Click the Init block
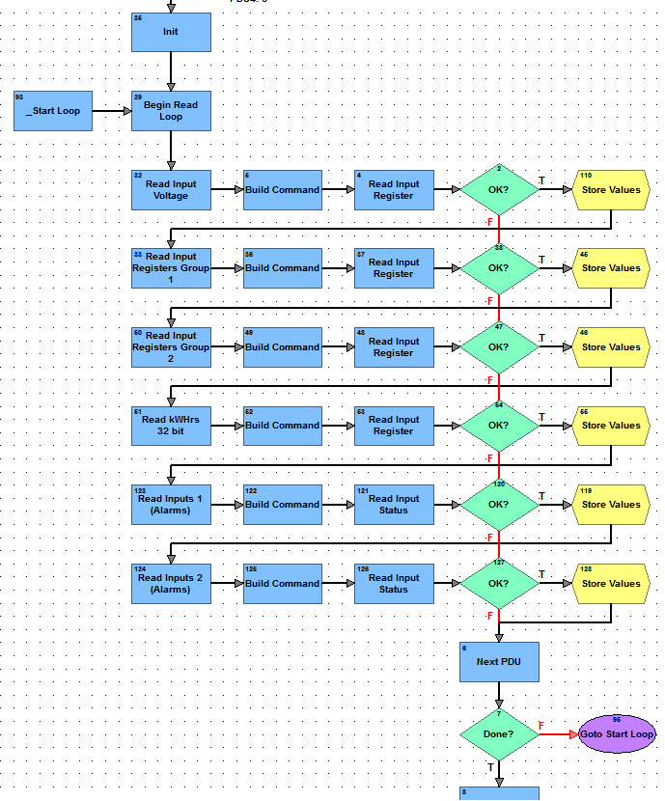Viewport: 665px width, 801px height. point(171,33)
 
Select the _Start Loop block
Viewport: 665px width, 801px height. point(53,111)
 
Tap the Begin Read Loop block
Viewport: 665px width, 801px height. point(171,111)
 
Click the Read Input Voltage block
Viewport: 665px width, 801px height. point(171,190)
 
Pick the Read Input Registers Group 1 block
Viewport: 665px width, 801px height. point(171,268)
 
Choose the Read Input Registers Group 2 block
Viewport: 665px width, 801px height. point(171,347)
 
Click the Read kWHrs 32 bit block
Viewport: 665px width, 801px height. point(171,426)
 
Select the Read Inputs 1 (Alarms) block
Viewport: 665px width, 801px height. point(171,505)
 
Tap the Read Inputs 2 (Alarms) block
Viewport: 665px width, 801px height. point(171,584)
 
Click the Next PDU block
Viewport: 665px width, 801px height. point(499,662)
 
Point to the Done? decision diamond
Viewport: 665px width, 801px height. point(499,734)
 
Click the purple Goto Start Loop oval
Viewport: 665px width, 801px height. point(617,734)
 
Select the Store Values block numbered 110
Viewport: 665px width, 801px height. point(611,190)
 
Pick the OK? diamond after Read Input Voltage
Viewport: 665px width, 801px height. point(499,190)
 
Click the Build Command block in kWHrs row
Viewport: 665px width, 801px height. point(282,426)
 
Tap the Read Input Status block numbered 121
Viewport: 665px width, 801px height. point(394,505)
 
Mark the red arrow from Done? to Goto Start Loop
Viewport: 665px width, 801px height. point(558,734)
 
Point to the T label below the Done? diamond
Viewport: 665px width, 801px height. point(490,768)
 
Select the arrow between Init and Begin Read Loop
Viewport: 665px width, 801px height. point(171,71)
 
